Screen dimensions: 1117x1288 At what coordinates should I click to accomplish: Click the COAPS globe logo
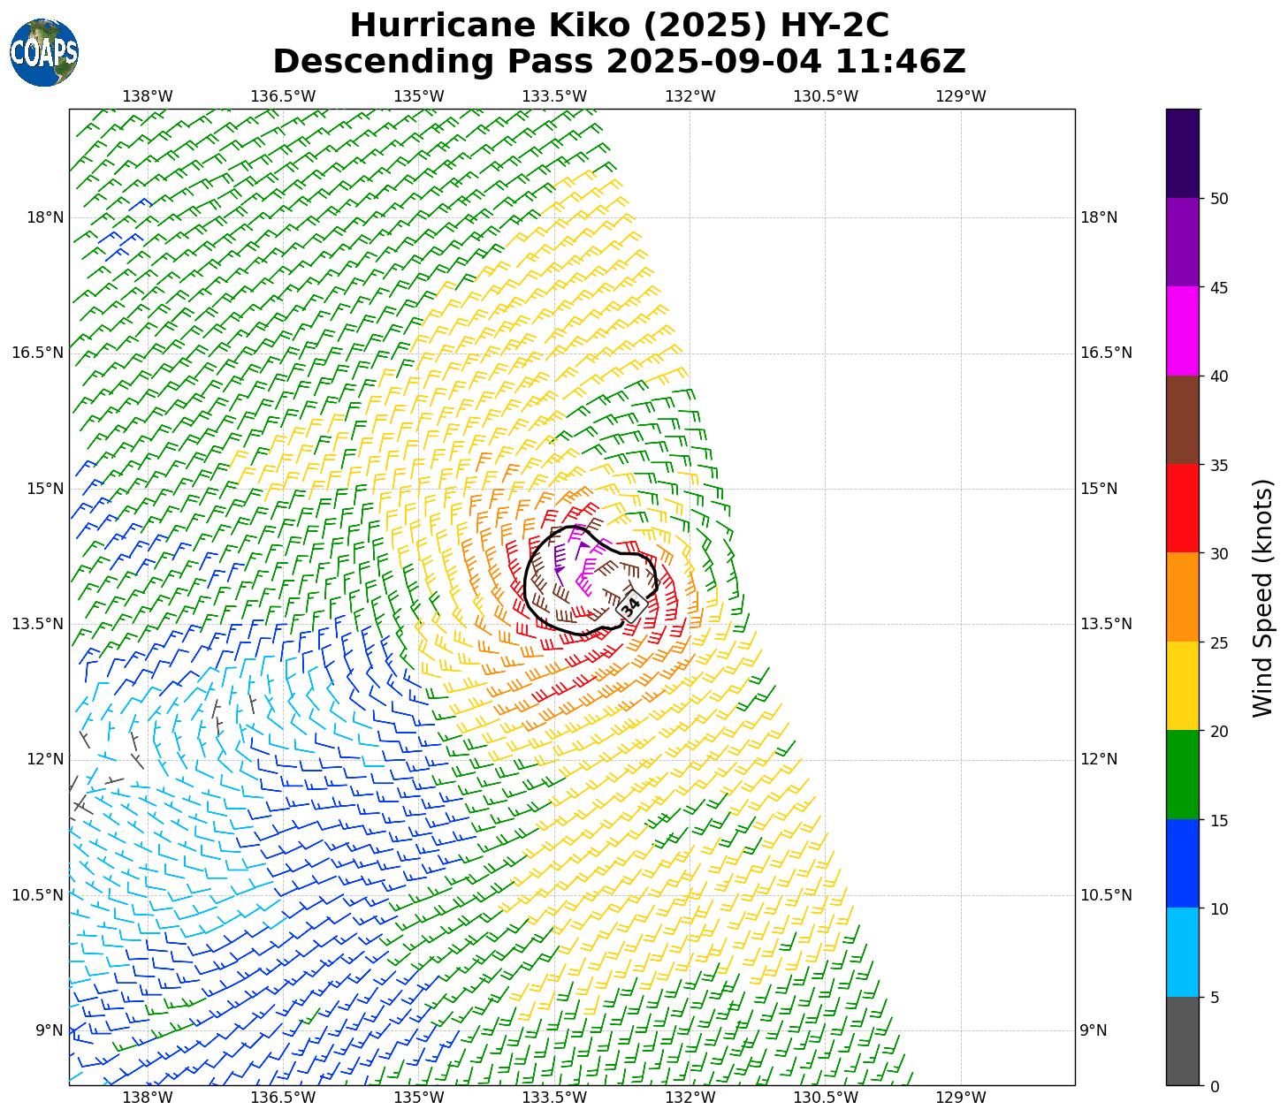(x=43, y=53)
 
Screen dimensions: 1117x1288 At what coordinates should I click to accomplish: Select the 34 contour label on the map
(x=630, y=606)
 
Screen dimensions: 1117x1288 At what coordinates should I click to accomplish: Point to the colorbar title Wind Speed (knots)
(x=1263, y=597)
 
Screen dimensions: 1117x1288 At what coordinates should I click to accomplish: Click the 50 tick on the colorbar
(x=1219, y=199)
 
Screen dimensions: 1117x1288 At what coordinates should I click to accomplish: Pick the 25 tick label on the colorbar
(x=1219, y=642)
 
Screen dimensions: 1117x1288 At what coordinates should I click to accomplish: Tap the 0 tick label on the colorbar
(x=1215, y=1086)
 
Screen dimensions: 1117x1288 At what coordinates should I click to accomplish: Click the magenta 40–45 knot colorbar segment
(x=1183, y=331)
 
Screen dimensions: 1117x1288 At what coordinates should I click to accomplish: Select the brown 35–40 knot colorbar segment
(x=1183, y=420)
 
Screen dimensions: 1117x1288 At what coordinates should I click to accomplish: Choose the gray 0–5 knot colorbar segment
(x=1183, y=1041)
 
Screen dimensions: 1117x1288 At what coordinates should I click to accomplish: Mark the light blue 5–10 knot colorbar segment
(x=1183, y=953)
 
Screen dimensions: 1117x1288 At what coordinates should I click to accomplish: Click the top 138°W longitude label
(x=147, y=96)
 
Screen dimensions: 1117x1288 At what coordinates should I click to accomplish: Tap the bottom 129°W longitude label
(x=960, y=1098)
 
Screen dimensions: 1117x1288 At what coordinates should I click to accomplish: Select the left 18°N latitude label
(x=45, y=217)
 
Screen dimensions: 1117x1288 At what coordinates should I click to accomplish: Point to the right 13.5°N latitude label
(x=1106, y=624)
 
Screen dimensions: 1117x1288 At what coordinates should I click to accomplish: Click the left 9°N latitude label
(x=50, y=1030)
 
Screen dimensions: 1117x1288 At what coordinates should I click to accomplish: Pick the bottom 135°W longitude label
(x=418, y=1098)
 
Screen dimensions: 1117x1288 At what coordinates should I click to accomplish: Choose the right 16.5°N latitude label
(x=1106, y=353)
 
